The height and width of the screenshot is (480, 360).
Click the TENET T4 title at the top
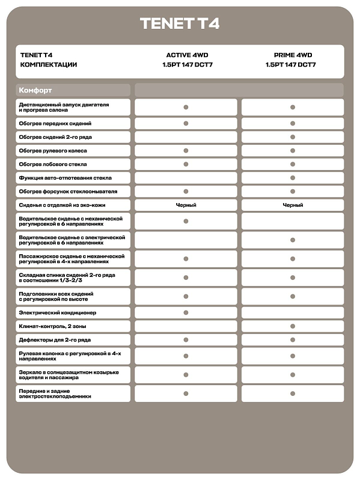180,23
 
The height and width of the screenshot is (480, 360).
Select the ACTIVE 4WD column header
186,55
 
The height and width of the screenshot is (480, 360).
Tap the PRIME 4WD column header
293,55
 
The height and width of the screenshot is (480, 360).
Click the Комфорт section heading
35,90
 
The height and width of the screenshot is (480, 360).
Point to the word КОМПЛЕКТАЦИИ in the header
49,64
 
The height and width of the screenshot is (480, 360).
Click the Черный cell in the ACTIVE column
186,205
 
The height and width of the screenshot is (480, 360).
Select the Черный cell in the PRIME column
293,205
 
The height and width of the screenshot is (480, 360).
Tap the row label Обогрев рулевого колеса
53,151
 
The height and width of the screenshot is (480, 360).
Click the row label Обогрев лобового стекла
53,164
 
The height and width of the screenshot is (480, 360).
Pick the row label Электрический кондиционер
58,313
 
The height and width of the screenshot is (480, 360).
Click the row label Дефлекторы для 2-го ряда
55,340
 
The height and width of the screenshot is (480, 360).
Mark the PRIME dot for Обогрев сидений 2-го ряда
293,137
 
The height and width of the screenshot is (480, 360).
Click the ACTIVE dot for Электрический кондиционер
186,313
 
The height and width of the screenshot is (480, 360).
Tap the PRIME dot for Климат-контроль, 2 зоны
293,326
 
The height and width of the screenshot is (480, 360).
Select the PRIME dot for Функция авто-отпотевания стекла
293,178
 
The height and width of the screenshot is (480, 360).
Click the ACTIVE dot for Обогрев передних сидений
186,123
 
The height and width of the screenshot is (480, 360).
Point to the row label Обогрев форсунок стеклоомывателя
68,191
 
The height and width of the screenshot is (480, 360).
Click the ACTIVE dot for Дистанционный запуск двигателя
186,107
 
